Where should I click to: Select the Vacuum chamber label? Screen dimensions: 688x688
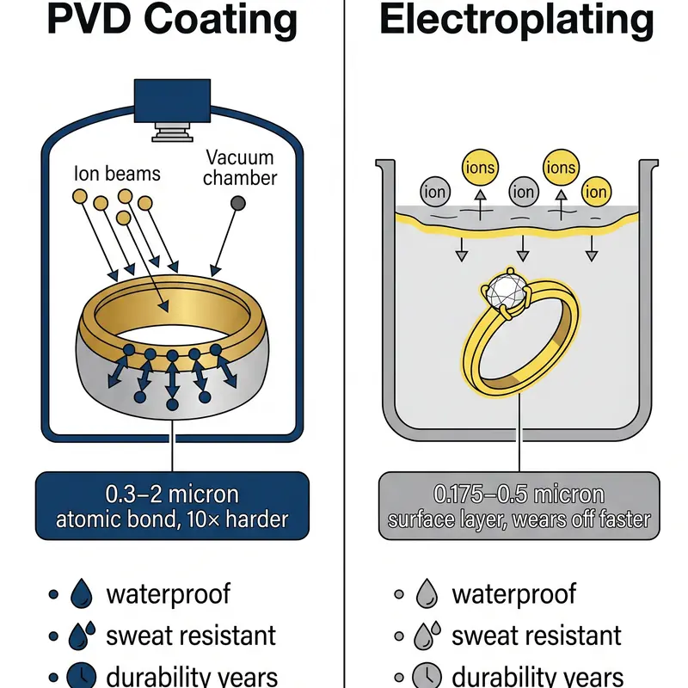241,168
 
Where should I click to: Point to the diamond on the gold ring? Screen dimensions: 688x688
506,294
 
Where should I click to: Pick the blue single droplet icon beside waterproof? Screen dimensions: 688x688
82,593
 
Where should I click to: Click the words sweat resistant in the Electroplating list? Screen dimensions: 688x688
537,636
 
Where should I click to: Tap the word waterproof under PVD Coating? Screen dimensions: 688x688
169,593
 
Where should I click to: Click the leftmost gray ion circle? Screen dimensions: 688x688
435,191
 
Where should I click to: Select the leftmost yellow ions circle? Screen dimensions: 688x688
478,167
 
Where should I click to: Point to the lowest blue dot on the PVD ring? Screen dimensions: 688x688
172,402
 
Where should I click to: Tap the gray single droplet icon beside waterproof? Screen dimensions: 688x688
428,593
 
